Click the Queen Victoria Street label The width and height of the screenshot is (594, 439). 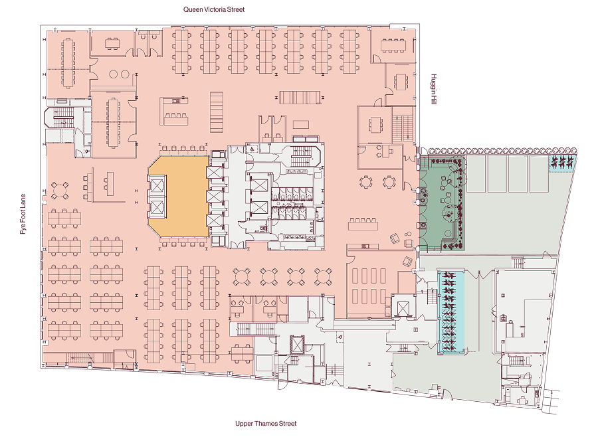click(x=214, y=9)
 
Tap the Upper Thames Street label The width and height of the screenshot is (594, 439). click(x=266, y=424)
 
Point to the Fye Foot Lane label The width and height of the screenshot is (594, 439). click(x=23, y=214)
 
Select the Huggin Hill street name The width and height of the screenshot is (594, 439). click(x=434, y=89)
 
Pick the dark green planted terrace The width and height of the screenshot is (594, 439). click(x=443, y=203)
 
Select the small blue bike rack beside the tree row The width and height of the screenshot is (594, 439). click(x=563, y=163)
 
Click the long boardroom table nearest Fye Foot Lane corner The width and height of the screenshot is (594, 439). click(x=68, y=62)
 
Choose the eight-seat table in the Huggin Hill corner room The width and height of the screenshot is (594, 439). click(x=393, y=45)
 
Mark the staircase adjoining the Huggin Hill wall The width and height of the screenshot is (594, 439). click(x=403, y=124)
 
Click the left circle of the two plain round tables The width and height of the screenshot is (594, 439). click(x=113, y=74)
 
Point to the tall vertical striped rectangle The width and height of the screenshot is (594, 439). click(x=217, y=112)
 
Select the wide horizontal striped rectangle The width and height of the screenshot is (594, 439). click(x=299, y=98)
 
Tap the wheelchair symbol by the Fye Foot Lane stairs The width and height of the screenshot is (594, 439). click(x=88, y=151)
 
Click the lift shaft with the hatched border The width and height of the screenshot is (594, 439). click(x=297, y=344)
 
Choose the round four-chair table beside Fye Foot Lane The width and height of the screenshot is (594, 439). click(x=60, y=190)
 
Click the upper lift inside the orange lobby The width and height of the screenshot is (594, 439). click(x=157, y=186)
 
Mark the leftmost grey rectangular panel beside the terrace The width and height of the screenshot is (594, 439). click(x=476, y=174)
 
